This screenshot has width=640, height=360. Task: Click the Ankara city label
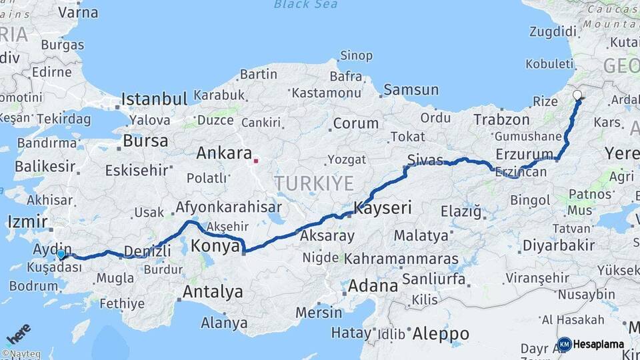[x=223, y=153]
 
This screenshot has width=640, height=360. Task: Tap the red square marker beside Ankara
[x=256, y=160]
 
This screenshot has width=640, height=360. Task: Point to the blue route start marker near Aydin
[x=61, y=254]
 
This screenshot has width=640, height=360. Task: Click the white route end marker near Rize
[x=577, y=95]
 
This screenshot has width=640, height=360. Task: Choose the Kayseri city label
[x=383, y=208]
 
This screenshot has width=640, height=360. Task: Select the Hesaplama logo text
[x=598, y=345]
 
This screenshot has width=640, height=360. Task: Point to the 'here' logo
[x=19, y=334]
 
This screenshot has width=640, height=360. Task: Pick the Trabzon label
[x=501, y=120]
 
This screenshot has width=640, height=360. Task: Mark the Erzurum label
[x=525, y=155]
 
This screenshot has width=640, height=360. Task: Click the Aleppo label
[x=440, y=333]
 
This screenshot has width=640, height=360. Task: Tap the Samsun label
[x=411, y=89]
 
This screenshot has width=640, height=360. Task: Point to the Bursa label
[x=145, y=141]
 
